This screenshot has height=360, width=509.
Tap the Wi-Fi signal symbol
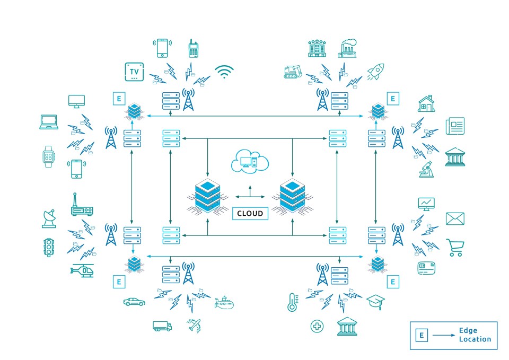[x=224, y=72]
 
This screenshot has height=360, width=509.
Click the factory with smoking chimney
[x=348, y=48]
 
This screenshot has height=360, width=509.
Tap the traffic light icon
[x=49, y=247]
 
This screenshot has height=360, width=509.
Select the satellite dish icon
[x=49, y=218]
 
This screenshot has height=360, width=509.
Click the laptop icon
[x=49, y=122]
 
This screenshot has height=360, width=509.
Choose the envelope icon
[x=455, y=218]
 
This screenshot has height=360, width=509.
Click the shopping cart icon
[x=455, y=247]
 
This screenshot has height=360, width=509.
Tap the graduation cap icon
[x=375, y=301]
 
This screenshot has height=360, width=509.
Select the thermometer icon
[x=291, y=302]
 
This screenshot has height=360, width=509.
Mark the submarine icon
[x=224, y=302]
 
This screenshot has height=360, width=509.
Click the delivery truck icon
[x=162, y=326]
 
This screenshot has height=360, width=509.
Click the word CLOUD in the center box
[x=250, y=213]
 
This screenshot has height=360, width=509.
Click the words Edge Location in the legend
[x=475, y=335]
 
